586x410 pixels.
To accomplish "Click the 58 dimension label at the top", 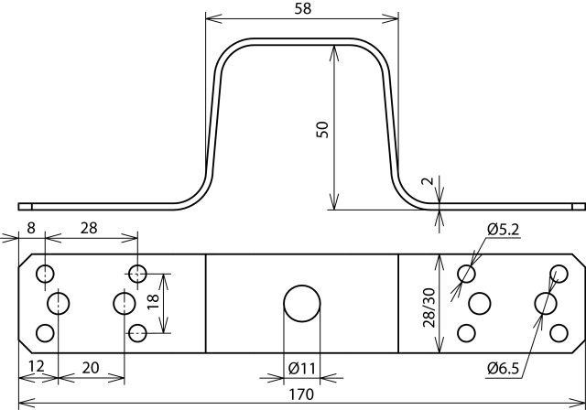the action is pos(302,8).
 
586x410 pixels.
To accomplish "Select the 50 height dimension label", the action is pos(322,130).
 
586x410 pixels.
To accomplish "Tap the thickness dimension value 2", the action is pos(428,181).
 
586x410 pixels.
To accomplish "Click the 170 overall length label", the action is pos(301,394).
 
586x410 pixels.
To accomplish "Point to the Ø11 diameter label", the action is pos(302,369).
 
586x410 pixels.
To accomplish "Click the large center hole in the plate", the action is pos(302,304).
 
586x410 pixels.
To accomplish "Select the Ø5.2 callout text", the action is pos(503,230).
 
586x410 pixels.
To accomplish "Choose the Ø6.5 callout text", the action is pos(503,369).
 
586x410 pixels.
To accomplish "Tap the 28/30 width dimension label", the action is pos(429,307).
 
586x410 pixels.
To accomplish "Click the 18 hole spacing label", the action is pos(154,302).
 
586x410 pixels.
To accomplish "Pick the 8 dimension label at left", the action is pos(31,228).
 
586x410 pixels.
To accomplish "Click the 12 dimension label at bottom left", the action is pos(37,366).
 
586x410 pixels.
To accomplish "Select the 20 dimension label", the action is pos(91,368).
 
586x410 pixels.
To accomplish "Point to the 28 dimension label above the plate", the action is pos(89,228).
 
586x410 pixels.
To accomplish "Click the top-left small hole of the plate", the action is pos(45,274).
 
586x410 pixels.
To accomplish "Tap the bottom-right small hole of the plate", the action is pos(559,333).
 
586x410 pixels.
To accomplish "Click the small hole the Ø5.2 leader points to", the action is pos(466,274).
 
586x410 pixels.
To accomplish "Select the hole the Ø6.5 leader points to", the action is pos(546,303).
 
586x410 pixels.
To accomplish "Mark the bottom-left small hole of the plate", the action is pos(45,333).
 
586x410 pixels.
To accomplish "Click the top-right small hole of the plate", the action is pos(559,274).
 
